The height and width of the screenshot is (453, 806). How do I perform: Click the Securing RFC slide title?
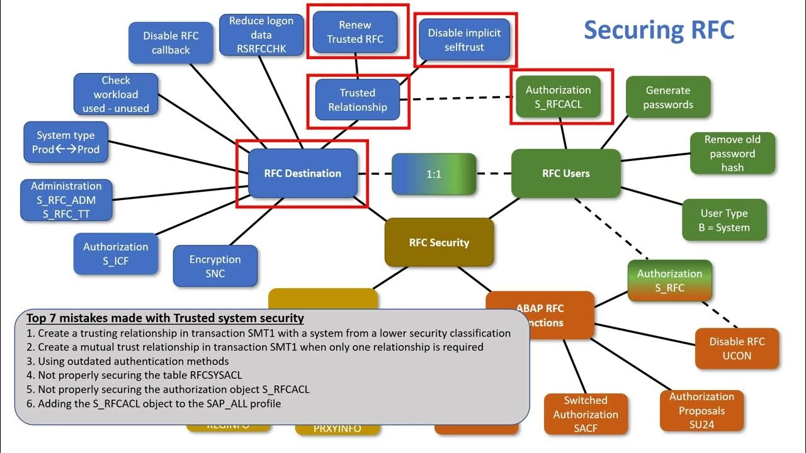pyautogui.click(x=659, y=30)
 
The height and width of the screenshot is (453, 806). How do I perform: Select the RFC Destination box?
pyautogui.click(x=302, y=174)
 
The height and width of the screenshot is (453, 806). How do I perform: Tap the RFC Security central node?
pyautogui.click(x=439, y=243)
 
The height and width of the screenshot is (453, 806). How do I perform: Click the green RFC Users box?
pyautogui.click(x=565, y=174)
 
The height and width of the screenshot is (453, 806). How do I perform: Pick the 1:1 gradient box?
pyautogui.click(x=434, y=174)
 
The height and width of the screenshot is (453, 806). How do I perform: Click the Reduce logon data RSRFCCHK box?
pyautogui.click(x=261, y=35)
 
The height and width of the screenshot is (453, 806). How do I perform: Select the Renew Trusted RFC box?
pyautogui.click(x=355, y=32)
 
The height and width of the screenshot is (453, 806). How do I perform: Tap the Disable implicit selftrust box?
pyautogui.click(x=464, y=40)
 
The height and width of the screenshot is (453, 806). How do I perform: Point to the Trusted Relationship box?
pyautogui.click(x=357, y=100)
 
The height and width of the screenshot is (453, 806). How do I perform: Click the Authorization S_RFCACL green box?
pyautogui.click(x=558, y=98)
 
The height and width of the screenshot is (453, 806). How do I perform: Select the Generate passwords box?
pyautogui.click(x=667, y=98)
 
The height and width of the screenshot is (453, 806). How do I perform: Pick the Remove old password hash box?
pyautogui.click(x=732, y=154)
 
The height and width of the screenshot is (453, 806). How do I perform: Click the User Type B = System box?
pyautogui.click(x=724, y=220)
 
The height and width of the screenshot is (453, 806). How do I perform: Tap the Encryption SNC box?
pyautogui.click(x=215, y=266)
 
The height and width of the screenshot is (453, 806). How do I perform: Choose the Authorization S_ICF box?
pyautogui.click(x=115, y=254)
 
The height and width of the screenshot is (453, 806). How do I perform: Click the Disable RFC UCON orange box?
pyautogui.click(x=737, y=349)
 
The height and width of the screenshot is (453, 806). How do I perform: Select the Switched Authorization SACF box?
pyautogui.click(x=585, y=414)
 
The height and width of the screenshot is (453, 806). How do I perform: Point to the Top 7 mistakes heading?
pyautogui.click(x=165, y=318)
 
